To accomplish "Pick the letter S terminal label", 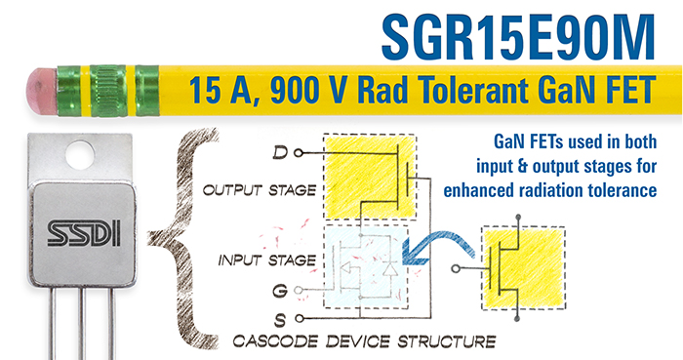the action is click(x=282, y=317).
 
